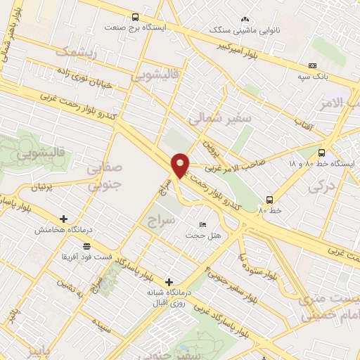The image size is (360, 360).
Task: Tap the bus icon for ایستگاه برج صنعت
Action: click(x=135, y=17)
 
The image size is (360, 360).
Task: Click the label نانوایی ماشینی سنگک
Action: click(x=245, y=30)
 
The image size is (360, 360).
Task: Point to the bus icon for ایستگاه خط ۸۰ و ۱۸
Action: click(x=322, y=152)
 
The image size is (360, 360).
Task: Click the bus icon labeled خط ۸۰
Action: click(x=269, y=200)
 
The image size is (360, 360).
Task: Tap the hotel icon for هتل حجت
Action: click(x=203, y=224)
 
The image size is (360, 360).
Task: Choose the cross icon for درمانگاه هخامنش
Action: click(x=64, y=219)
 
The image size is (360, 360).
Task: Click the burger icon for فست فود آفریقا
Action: click(x=86, y=246)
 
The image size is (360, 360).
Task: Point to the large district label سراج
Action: click(x=160, y=222)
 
